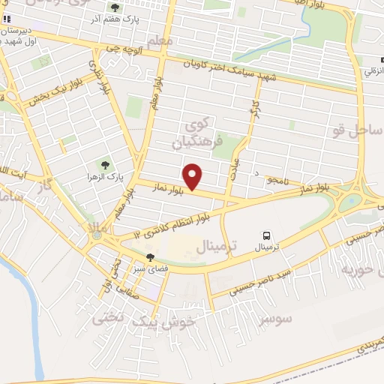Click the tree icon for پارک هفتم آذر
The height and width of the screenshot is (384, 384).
click(114, 7)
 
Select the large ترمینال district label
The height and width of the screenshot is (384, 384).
click(217, 246)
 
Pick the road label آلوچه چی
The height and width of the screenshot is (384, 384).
click(124, 46)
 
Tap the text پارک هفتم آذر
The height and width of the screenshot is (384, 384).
click(117, 18)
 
